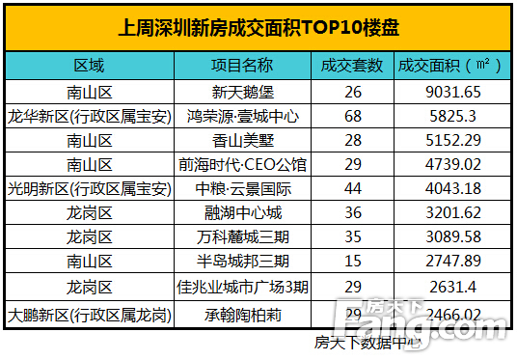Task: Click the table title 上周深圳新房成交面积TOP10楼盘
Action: click(258, 29)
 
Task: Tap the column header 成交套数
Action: click(352, 66)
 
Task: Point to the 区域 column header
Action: click(90, 66)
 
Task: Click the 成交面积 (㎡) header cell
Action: click(450, 66)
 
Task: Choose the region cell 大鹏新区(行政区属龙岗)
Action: click(90, 315)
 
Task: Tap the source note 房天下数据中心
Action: click(367, 341)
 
